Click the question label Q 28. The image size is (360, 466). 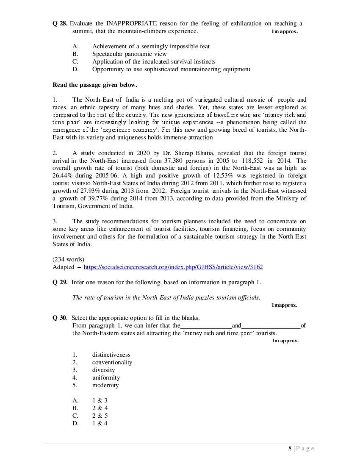coord(60,23)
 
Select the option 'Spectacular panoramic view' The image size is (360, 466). coord(129,54)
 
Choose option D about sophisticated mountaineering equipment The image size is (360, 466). coord(171,69)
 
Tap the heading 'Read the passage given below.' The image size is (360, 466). coord(94,85)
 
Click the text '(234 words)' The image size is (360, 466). coord(68,259)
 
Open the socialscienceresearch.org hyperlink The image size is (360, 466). coord(173,267)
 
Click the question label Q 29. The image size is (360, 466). coord(60,282)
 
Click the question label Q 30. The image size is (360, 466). coord(60,318)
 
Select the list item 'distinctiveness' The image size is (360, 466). coord(111,355)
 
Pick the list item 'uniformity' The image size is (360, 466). coord(106,377)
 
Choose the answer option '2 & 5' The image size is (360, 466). coord(100,416)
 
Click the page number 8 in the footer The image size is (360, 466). coord(290,449)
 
